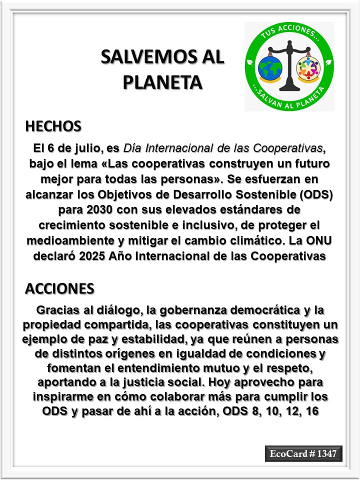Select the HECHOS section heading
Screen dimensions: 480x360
coord(53,126)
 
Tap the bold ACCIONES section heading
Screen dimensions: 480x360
coord(59,288)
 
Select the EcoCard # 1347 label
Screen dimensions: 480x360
coord(303,453)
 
